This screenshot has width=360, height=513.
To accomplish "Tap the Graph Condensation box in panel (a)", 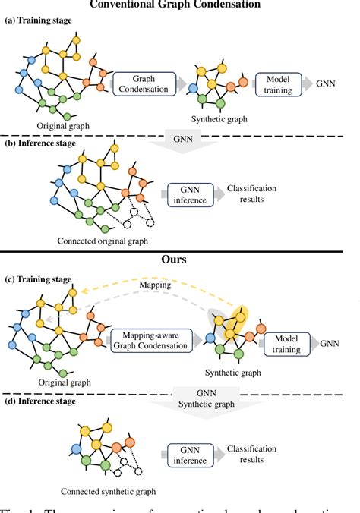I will pyautogui.click(x=144, y=84).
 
